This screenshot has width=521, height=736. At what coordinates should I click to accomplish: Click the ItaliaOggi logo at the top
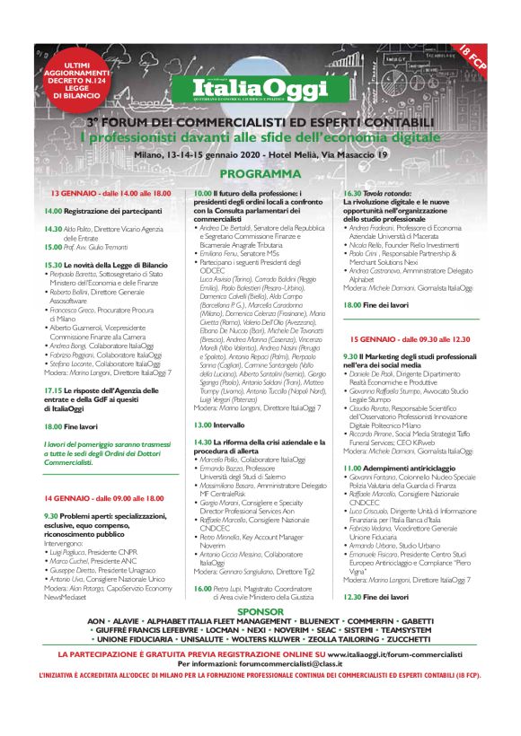(x=260, y=89)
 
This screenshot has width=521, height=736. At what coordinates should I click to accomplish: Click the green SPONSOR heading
(x=260, y=610)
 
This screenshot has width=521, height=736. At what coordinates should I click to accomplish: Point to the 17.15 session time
(x=52, y=365)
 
